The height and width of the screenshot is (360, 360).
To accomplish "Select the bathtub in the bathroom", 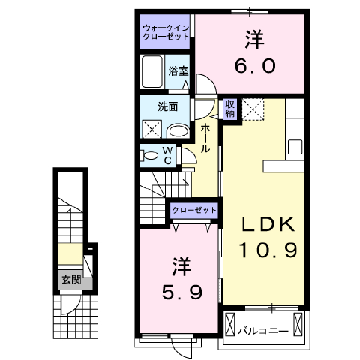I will [x=152, y=73].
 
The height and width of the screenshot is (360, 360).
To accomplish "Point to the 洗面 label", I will [x=166, y=107].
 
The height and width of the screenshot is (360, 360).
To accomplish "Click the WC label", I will [x=169, y=155].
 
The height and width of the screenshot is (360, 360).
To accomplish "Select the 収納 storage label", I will [x=230, y=109].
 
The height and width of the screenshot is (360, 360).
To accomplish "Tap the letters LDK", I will [x=268, y=225].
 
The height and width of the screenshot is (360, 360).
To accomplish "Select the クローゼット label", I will [x=193, y=211].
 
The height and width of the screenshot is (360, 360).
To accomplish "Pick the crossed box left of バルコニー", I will [x=230, y=325].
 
